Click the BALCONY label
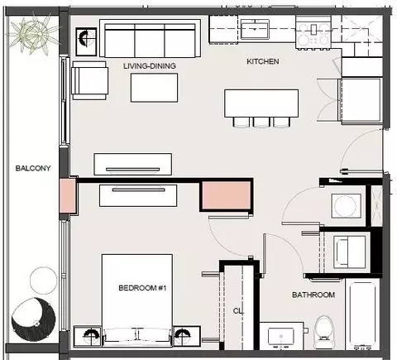point(33,168)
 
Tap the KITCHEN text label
point(263,61)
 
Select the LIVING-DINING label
point(150,66)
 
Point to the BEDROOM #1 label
point(142,288)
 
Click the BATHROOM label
point(313,295)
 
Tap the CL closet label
point(238,311)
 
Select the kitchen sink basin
point(255,29)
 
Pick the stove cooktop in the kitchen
point(313,32)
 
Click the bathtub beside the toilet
point(363,314)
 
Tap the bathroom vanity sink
point(281,337)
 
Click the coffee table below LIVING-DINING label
point(154,88)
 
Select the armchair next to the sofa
point(89,80)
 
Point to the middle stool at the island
point(261,122)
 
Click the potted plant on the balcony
point(32,34)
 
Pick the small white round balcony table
point(43,281)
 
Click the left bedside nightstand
point(88,336)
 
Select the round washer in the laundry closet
point(347,206)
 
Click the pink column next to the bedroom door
point(227,195)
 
